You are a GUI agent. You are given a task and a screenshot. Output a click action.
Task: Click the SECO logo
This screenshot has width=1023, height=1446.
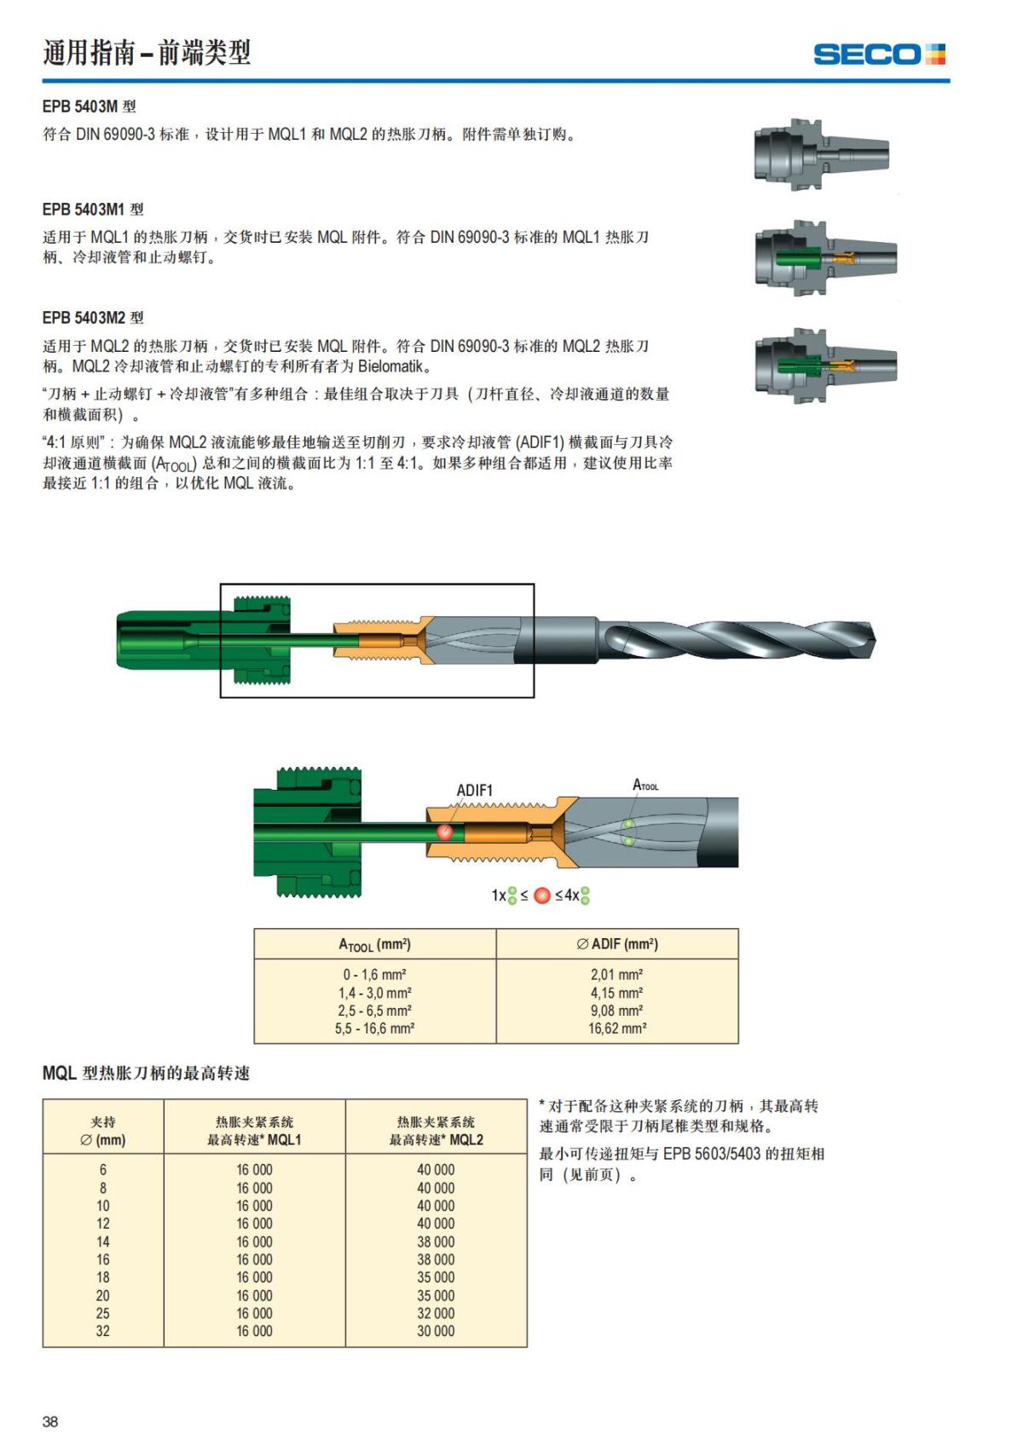(x=879, y=55)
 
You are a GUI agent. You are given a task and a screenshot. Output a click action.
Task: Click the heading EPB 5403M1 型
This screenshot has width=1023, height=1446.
(x=93, y=209)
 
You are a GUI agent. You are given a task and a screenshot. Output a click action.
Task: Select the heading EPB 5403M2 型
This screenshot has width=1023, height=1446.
(x=93, y=318)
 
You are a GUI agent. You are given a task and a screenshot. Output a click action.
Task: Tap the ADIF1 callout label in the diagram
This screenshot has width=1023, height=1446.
(x=474, y=790)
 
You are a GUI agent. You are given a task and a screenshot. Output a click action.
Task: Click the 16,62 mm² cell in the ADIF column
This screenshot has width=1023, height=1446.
(x=617, y=1028)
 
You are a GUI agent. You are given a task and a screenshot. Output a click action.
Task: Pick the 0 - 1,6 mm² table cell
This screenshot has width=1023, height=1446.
(x=374, y=974)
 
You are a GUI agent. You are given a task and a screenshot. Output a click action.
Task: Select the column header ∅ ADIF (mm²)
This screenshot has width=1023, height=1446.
(x=617, y=944)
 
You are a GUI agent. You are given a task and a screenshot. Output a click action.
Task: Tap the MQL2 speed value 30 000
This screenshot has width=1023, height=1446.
(x=436, y=1331)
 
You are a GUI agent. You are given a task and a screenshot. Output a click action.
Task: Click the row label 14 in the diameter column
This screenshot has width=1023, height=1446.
(x=103, y=1241)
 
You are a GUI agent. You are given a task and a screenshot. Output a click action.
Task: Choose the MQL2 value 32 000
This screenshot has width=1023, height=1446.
(x=436, y=1313)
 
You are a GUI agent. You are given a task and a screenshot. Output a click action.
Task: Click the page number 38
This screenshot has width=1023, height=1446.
(x=50, y=1421)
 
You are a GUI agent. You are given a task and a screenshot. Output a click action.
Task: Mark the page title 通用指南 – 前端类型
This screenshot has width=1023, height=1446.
(x=147, y=53)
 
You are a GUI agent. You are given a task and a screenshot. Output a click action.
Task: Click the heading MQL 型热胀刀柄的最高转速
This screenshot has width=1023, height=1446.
(x=146, y=1074)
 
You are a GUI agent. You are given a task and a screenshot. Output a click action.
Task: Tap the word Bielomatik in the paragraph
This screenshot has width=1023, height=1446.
(x=394, y=367)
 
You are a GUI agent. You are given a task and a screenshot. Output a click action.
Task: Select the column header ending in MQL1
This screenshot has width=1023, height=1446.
(x=254, y=1131)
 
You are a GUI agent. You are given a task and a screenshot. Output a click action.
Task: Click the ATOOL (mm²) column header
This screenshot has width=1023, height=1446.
(x=374, y=944)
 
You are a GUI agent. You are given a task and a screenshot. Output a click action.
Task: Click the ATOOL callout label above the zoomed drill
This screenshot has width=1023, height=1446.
(x=644, y=785)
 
